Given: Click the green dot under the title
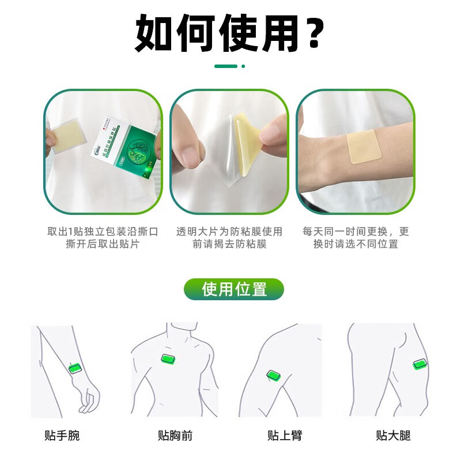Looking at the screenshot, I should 243,66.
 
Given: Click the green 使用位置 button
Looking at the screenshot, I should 234,289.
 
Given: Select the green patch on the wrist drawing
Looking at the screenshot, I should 74,368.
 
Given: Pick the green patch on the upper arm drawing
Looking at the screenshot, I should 274,376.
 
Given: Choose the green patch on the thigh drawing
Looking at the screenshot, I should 420,365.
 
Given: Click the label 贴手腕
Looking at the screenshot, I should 62,435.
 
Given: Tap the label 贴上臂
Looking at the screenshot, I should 285,435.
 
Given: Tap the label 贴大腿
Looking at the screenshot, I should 394,435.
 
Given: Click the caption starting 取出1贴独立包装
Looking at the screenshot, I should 103,237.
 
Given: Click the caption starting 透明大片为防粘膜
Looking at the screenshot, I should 229,237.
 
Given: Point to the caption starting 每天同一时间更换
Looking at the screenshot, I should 356,237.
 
